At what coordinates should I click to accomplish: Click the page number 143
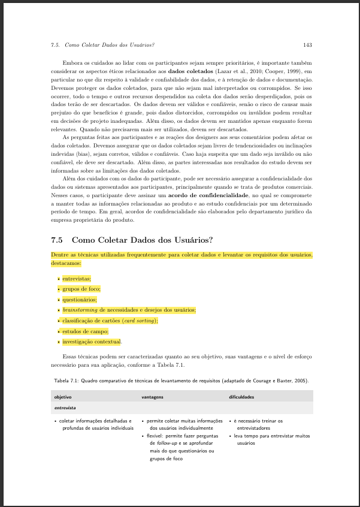307,45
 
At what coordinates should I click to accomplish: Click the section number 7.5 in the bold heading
59,241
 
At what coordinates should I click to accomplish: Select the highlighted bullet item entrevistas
77,278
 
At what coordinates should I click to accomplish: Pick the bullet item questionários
79,299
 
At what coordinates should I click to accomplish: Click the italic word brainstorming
80,310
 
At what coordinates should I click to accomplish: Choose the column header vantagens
152,397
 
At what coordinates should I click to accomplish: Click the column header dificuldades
241,397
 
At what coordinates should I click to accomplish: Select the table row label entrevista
64,408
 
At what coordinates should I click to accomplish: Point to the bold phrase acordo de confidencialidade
208,196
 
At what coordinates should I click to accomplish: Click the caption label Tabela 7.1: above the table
66,381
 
